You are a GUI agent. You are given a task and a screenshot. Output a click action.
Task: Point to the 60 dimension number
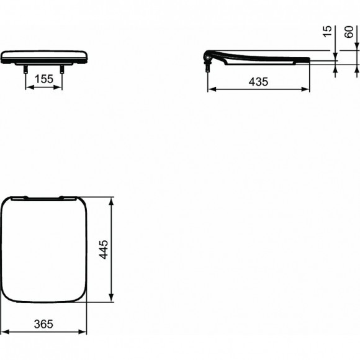click(x=349, y=32)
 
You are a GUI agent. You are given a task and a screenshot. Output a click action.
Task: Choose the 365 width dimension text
click(x=43, y=324)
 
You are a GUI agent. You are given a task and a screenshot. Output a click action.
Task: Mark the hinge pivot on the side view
click(x=207, y=58)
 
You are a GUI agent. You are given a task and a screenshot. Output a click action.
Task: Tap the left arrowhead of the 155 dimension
click(x=28, y=87)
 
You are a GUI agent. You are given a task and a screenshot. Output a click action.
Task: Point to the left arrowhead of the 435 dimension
click(x=209, y=89)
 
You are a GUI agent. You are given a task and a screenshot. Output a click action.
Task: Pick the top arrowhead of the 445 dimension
click(x=111, y=200)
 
